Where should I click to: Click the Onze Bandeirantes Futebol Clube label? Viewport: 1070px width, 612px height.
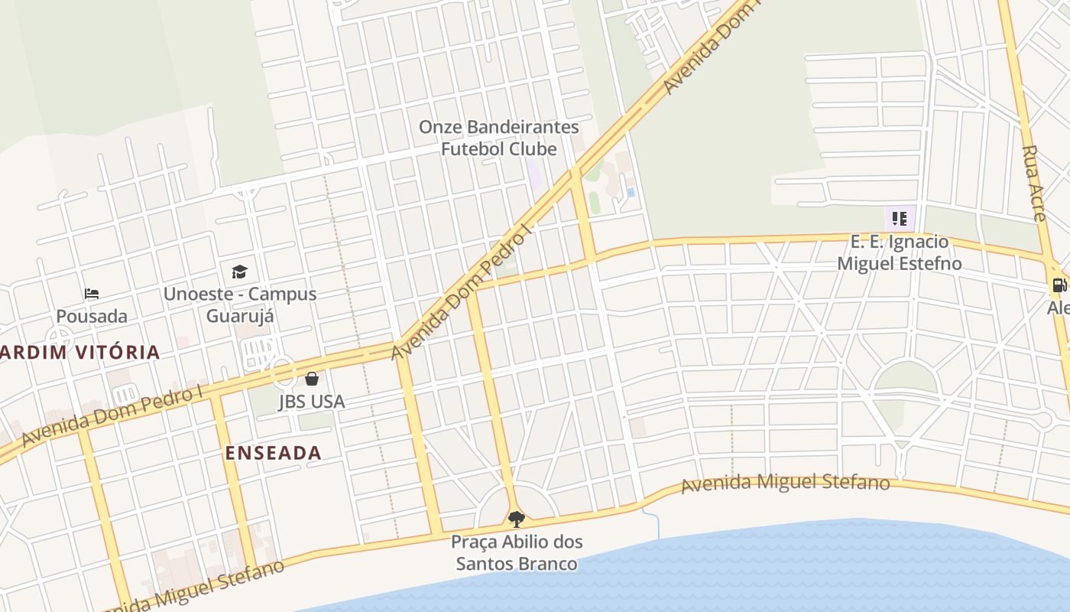point(498,138)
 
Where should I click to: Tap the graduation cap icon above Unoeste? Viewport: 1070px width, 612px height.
point(239,272)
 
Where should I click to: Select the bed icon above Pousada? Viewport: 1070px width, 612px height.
point(92,294)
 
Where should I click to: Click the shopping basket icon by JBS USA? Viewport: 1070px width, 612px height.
point(312,378)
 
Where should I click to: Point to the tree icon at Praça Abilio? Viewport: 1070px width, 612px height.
point(517,519)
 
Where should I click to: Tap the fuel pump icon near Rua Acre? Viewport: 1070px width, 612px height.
point(1059,285)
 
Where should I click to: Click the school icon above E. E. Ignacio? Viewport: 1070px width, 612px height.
point(900,219)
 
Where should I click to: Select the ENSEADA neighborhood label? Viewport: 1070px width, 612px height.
point(273,453)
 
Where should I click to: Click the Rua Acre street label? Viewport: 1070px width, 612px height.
point(1033,184)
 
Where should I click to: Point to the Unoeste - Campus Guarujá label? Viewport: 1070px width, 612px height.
point(240,304)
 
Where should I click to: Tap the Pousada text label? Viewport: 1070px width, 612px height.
point(92,316)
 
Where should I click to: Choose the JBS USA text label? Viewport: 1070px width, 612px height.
point(312,401)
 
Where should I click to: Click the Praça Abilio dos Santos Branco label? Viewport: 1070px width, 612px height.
point(517,552)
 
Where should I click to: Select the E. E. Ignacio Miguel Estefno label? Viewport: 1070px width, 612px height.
point(900,252)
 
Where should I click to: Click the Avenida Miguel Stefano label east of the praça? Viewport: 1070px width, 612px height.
point(785,483)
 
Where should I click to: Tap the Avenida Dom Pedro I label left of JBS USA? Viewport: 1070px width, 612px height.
point(112,416)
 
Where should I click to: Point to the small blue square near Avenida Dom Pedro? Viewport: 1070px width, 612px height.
point(631,192)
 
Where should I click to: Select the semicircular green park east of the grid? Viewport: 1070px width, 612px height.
point(906,379)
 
